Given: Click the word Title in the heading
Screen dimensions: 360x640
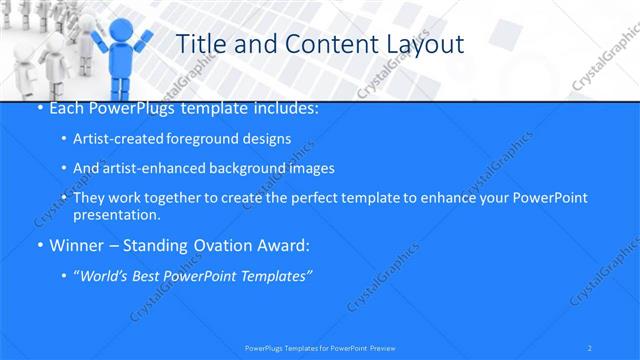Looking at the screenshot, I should pyautogui.click(x=200, y=44).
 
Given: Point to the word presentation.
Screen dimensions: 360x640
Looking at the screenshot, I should pyautogui.click(x=116, y=214).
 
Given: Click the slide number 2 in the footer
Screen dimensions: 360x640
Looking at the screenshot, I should pyautogui.click(x=591, y=348).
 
